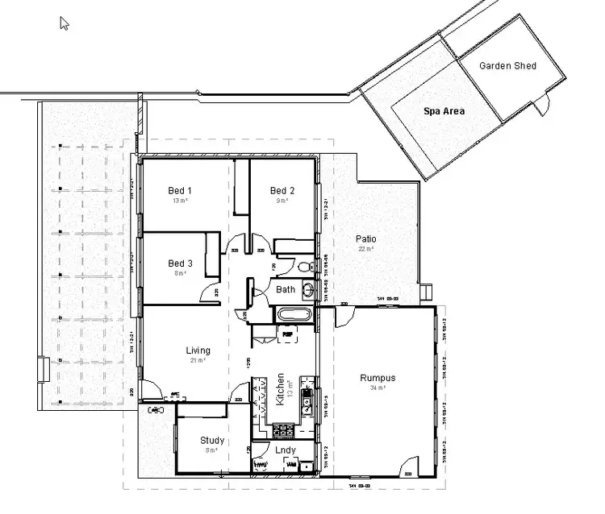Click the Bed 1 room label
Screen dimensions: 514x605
[x=180, y=190]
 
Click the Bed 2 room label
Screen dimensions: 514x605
[x=282, y=190]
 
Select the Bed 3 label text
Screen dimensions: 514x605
[x=180, y=263]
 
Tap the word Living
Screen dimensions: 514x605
[x=198, y=350]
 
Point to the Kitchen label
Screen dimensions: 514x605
[x=281, y=388]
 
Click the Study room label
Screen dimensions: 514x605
[x=212, y=441]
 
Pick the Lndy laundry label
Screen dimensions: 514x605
[x=285, y=450]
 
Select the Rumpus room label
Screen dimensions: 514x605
[x=378, y=378]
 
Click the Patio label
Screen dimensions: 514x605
[x=366, y=239]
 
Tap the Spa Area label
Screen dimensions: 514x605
[x=444, y=112]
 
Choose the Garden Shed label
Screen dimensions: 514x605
[x=507, y=65]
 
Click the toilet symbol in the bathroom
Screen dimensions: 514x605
[x=303, y=266]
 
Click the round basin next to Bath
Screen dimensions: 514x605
[x=308, y=290]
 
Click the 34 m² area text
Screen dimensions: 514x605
[x=378, y=388]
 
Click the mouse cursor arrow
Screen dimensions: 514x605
[x=65, y=23]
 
